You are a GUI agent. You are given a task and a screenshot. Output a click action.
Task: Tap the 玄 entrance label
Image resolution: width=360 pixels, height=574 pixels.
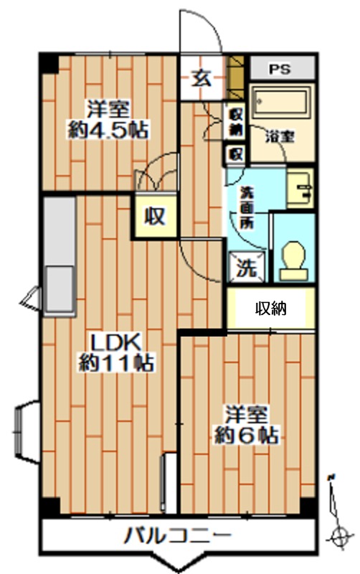tap(201, 77)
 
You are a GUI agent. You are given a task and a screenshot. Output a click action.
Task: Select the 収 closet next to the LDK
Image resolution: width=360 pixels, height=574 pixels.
tap(153, 216)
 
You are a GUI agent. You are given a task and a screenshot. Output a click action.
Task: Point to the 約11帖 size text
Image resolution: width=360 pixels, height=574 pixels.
tap(115, 363)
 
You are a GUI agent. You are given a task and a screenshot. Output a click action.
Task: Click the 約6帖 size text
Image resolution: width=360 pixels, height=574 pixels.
tap(247, 435)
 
